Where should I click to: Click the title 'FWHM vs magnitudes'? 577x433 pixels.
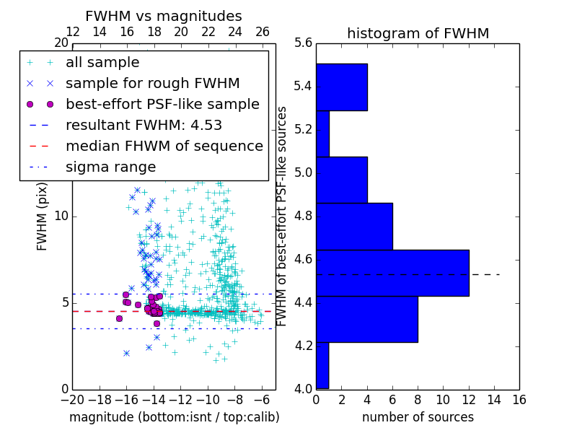coord(164,16)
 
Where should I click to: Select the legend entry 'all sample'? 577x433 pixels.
coord(102,63)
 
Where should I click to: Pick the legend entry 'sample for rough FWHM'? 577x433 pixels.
coord(152,83)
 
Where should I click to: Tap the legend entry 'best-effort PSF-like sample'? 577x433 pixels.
coord(162,104)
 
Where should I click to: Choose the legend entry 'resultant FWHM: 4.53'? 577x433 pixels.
coord(144,125)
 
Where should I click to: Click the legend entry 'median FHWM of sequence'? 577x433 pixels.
coord(164,146)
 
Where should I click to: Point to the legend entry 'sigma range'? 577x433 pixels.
coord(110,167)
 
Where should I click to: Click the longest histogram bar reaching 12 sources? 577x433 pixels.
coord(392,273)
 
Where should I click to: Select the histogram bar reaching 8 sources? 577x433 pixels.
coord(366,319)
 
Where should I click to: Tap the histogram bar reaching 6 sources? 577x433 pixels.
coord(354,226)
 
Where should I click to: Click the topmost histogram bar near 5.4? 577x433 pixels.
coord(341,87)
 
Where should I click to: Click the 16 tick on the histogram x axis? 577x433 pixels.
coord(519,399)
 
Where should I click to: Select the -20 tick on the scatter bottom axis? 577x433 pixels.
coord(72,399)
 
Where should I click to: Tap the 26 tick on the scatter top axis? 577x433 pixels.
coord(263,32)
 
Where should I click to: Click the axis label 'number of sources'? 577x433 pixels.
coord(418,417)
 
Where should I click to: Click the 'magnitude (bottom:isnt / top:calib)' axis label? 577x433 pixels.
coord(174,417)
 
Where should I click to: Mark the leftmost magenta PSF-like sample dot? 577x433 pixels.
coord(119,318)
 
